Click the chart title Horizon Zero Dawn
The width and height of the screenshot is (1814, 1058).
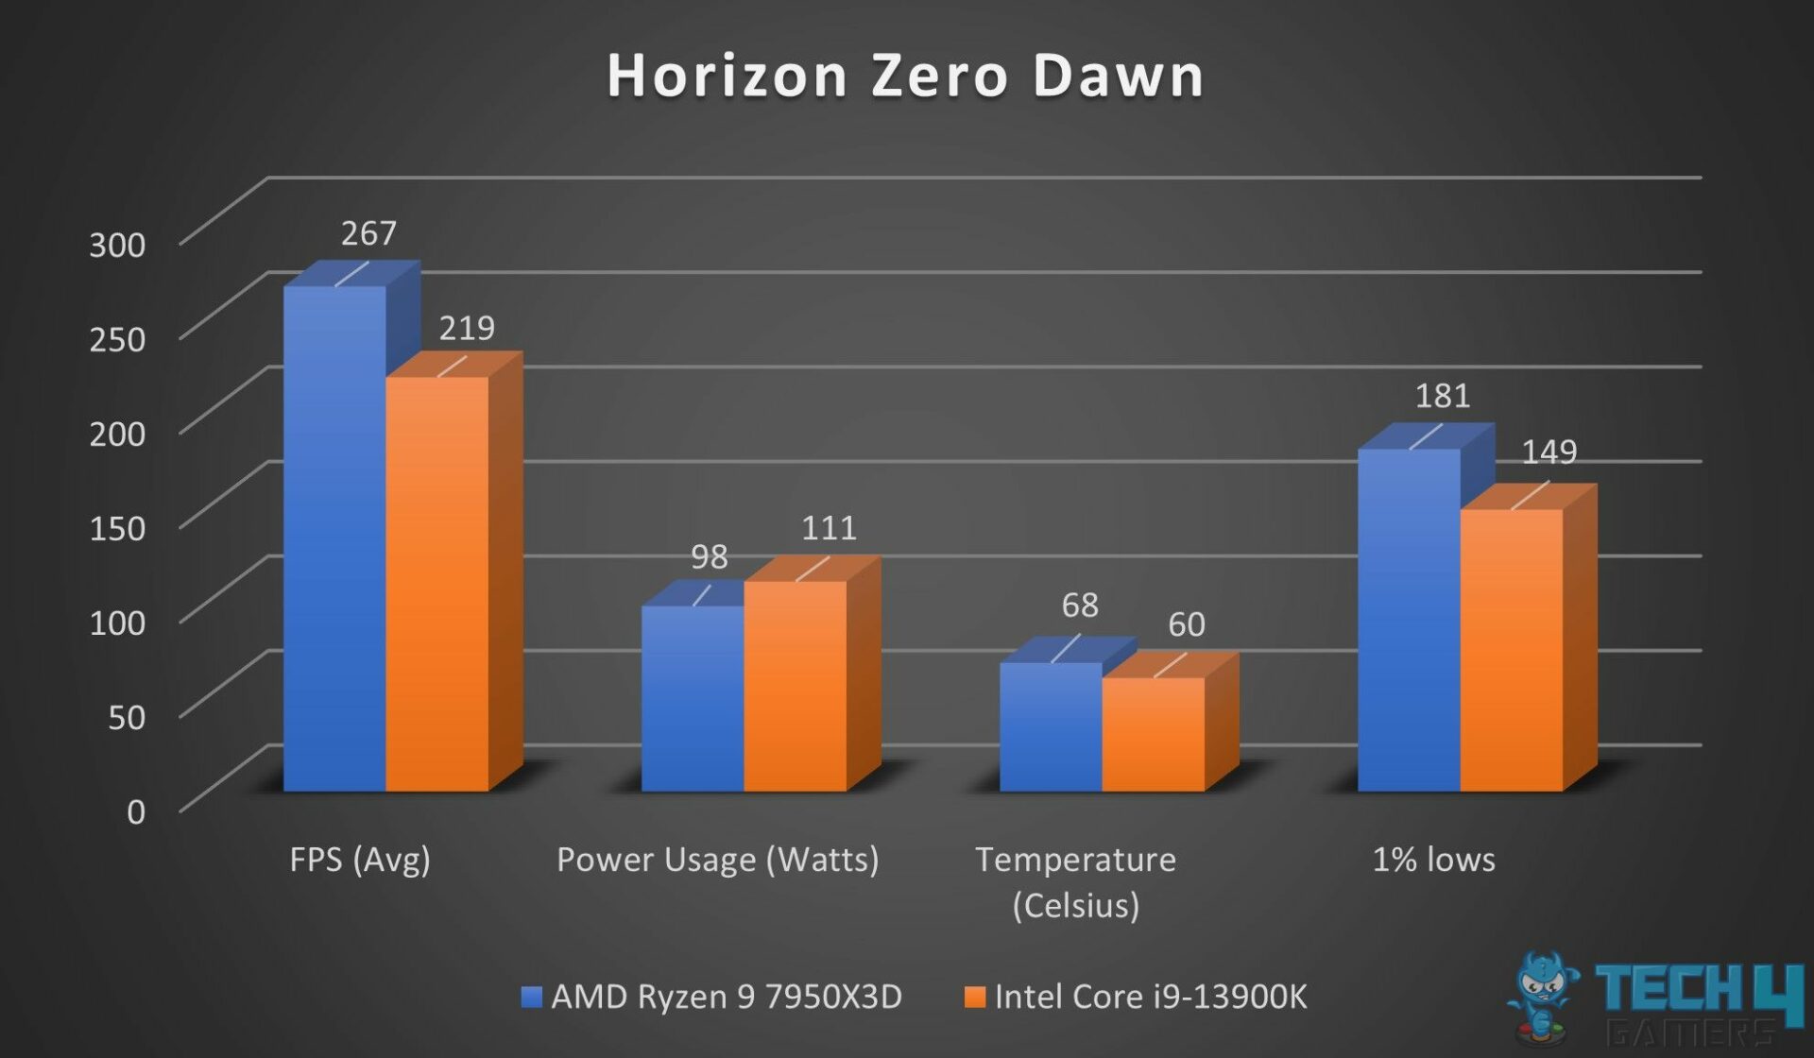[x=905, y=76]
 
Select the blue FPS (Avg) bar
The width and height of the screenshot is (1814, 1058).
[x=334, y=538]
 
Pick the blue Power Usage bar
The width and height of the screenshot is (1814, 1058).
[x=693, y=698]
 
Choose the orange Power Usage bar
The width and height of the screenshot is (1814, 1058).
[x=795, y=686]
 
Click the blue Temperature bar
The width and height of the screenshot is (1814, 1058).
[x=1051, y=726]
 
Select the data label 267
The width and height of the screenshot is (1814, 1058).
[x=368, y=233]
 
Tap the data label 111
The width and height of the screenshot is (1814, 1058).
[x=829, y=528]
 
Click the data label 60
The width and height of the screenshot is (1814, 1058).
[x=1186, y=624]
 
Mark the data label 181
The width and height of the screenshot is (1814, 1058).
[x=1442, y=396]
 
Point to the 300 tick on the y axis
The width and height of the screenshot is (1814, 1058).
[x=117, y=245]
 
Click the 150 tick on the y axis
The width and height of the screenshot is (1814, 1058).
[x=117, y=528]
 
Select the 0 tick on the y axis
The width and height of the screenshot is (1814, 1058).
[x=136, y=811]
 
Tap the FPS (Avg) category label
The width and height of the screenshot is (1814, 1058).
[x=360, y=860]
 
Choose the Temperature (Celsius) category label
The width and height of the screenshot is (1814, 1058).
[x=1075, y=882]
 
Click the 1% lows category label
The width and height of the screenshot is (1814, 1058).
[x=1433, y=860]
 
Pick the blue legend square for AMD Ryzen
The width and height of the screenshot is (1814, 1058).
[x=532, y=997]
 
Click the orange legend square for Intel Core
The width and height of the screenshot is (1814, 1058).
[x=974, y=997]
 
